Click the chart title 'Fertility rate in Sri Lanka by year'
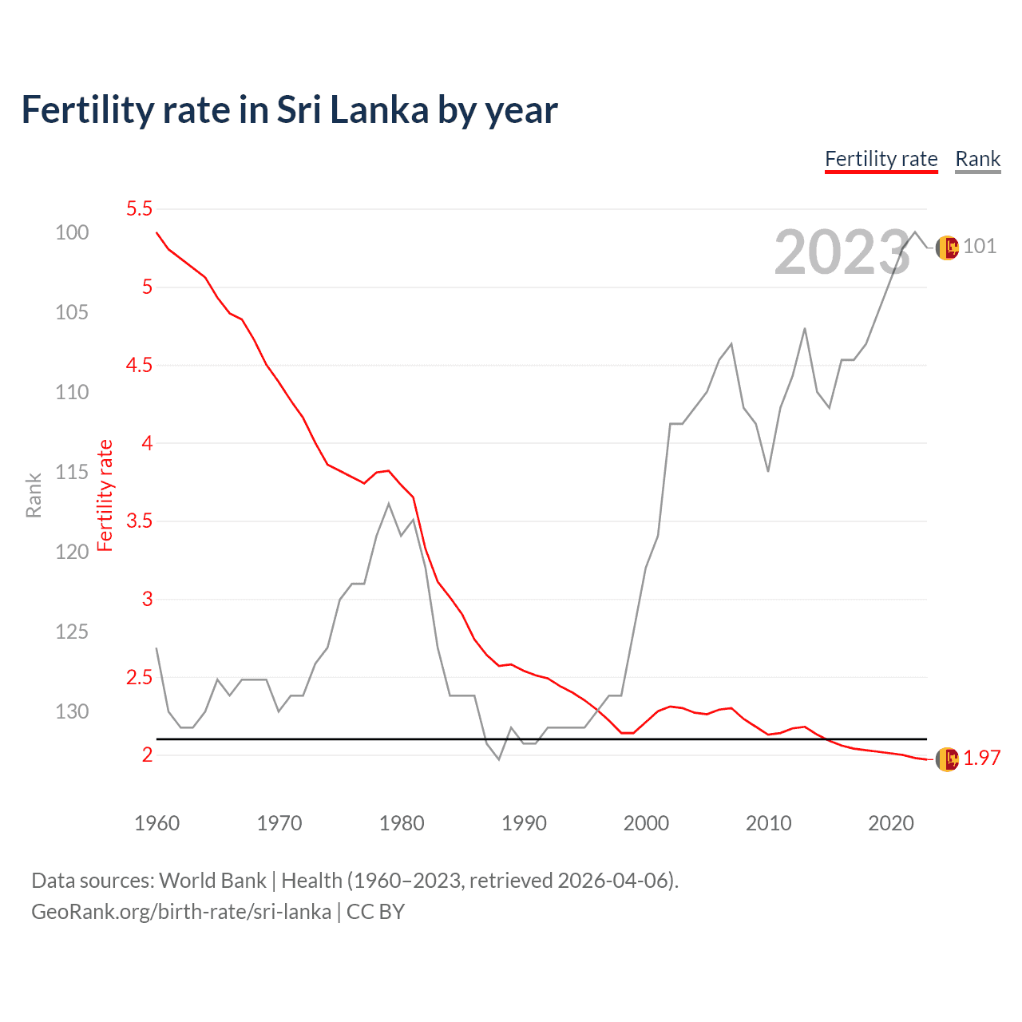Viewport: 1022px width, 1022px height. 289,110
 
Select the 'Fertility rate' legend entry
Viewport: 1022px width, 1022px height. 881,159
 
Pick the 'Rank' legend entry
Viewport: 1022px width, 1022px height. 977,159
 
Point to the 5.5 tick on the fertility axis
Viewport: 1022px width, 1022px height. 139,209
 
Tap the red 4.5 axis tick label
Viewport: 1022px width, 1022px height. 139,366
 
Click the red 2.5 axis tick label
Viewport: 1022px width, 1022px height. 139,678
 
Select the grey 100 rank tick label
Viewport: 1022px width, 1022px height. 72,232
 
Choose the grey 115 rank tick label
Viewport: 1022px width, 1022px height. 72,472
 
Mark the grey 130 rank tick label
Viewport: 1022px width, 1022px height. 72,711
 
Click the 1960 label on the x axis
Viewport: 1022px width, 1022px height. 156,823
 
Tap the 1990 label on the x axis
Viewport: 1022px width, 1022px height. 524,823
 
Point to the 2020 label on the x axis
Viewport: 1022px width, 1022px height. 890,823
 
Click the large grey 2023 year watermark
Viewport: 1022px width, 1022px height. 842,253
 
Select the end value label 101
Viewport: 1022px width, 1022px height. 980,246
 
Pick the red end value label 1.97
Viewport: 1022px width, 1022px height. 981,758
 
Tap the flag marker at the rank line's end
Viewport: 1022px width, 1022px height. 947,248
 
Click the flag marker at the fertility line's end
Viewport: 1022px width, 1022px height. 947,759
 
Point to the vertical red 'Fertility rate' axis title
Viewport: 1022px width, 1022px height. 105,495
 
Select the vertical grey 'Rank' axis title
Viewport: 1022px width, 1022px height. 34,495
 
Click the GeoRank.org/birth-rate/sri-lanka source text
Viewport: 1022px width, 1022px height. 181,912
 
